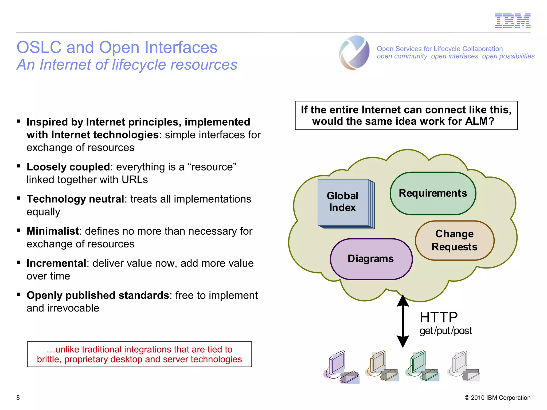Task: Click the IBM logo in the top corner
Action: point(513,21)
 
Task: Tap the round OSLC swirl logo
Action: point(354,53)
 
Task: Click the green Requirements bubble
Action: point(433,194)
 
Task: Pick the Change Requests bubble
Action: point(455,240)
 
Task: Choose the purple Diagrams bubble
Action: point(371,259)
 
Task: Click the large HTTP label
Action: point(439,317)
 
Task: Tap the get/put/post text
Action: point(446,331)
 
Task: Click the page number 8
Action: point(18,397)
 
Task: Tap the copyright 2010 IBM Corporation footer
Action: point(497,398)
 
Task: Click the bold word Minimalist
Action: point(53,231)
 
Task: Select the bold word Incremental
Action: point(56,263)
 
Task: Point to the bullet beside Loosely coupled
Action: point(19,166)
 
